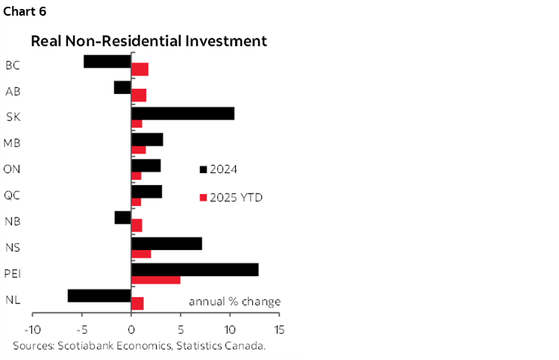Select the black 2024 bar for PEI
pyautogui.click(x=195, y=270)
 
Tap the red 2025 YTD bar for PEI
pyautogui.click(x=155, y=280)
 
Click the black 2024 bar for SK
pyautogui.click(x=182, y=114)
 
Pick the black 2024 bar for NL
pyautogui.click(x=99, y=296)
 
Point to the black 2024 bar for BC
pyautogui.click(x=107, y=61)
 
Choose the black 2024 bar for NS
pyautogui.click(x=166, y=243)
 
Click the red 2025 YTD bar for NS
pyautogui.click(x=141, y=254)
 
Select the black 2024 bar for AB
pyautogui.click(x=122, y=87)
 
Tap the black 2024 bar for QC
pyautogui.click(x=146, y=192)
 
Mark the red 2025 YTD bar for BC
pyautogui.click(x=140, y=70)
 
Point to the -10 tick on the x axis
pyautogui.click(x=33, y=329)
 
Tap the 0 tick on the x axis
pyautogui.click(x=131, y=329)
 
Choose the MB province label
pyautogui.click(x=12, y=143)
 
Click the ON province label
pyautogui.click(x=12, y=169)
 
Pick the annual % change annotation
pyautogui.click(x=234, y=302)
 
